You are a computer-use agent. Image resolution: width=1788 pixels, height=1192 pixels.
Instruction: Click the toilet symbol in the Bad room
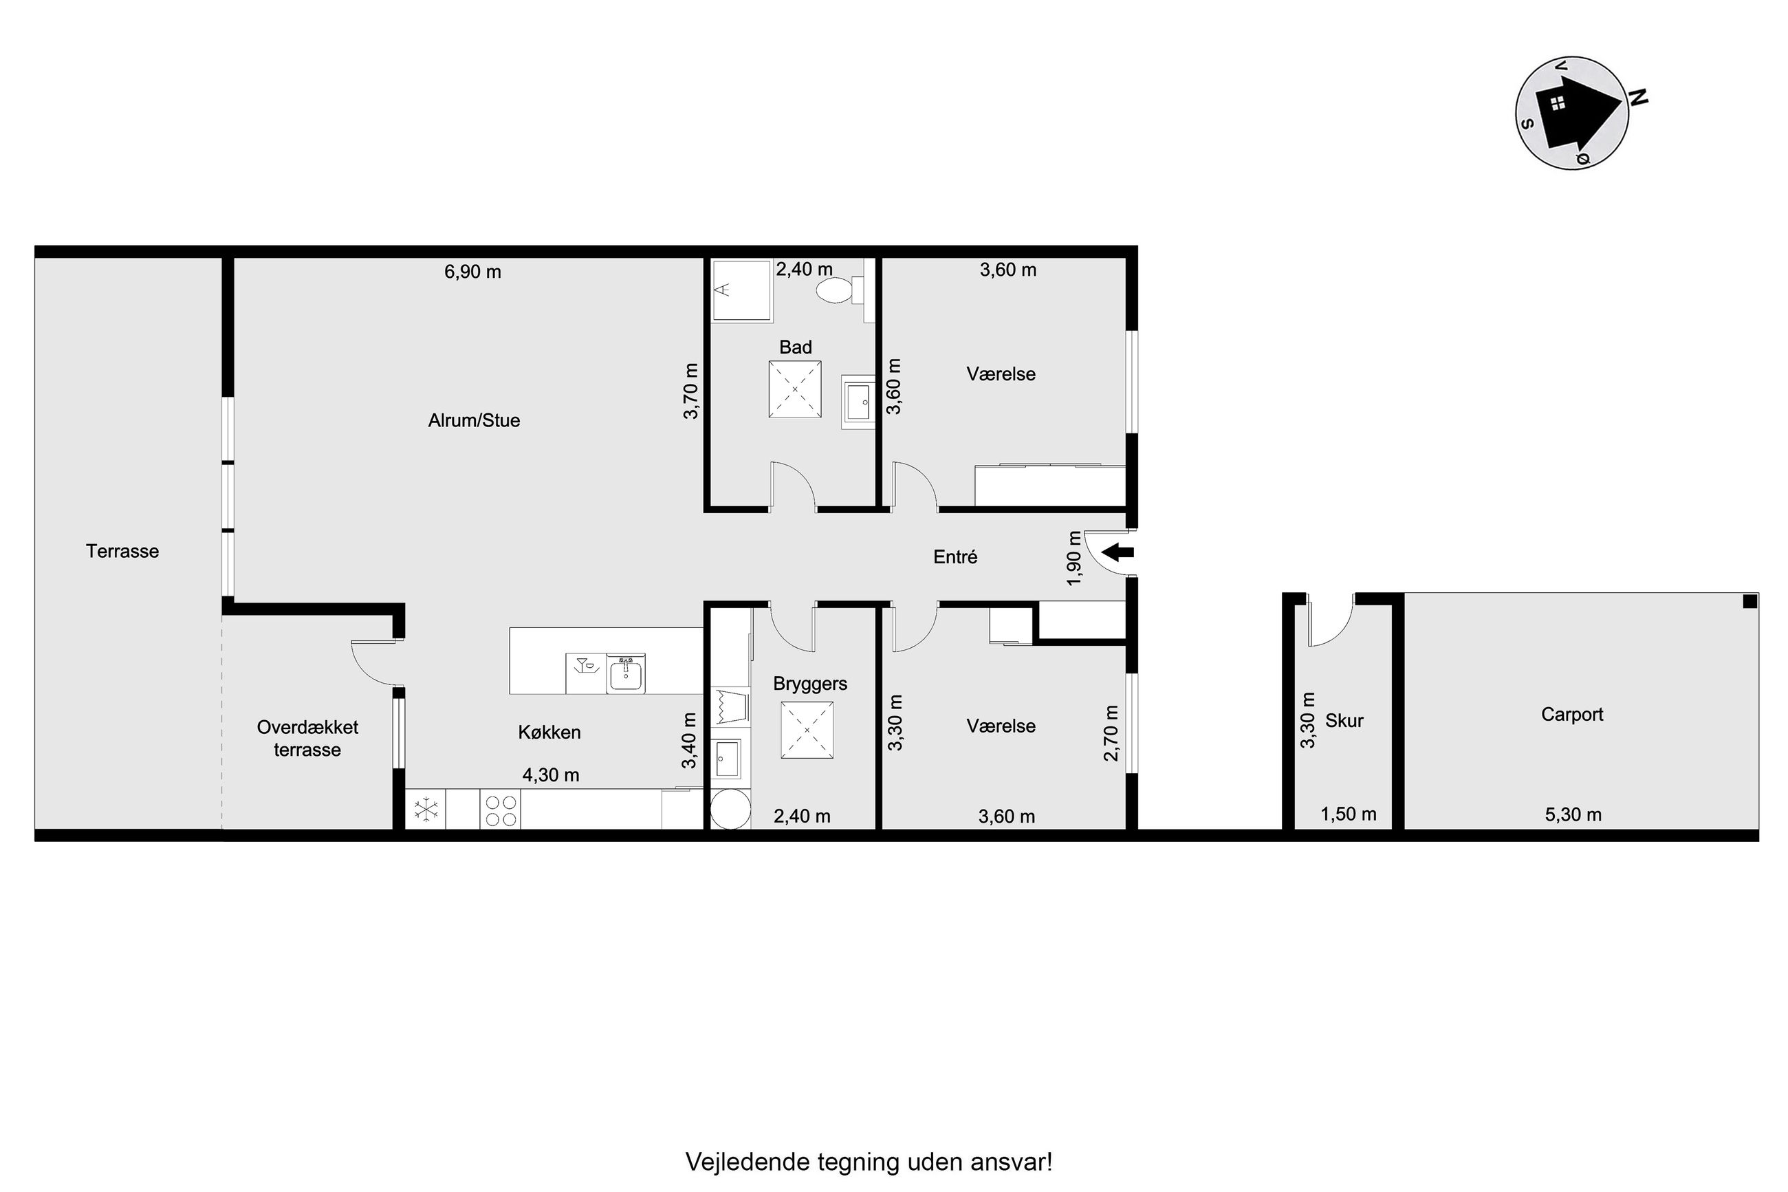click(x=840, y=289)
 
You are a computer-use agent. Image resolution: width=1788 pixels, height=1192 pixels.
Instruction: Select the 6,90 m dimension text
click(x=472, y=272)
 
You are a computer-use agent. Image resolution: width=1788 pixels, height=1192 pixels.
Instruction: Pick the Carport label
click(x=1571, y=715)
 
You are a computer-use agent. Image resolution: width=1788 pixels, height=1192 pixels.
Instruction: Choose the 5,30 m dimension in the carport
click(x=1573, y=815)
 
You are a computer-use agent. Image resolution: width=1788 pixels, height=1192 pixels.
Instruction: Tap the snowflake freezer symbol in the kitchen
click(x=426, y=809)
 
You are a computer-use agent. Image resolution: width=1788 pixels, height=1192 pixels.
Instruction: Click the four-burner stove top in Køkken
click(x=500, y=810)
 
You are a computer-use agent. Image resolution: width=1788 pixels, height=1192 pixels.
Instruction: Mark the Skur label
click(x=1344, y=721)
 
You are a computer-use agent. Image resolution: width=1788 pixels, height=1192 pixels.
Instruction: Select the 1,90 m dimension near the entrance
click(x=1073, y=558)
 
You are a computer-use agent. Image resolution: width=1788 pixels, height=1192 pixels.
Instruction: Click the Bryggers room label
click(x=810, y=684)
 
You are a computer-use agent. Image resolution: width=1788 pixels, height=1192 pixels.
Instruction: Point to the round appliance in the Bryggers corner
click(x=730, y=810)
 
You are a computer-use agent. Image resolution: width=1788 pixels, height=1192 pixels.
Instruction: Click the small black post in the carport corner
click(x=1749, y=601)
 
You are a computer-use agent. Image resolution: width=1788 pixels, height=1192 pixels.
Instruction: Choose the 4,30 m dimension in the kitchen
click(x=551, y=774)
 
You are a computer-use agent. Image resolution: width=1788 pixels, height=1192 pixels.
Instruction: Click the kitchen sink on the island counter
click(x=625, y=674)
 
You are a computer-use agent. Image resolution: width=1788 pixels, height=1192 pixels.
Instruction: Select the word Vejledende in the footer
click(x=748, y=1162)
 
